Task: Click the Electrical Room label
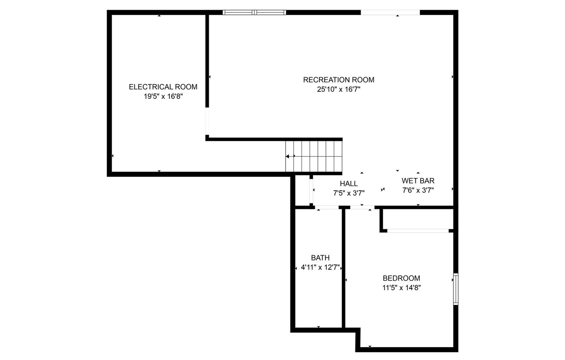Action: [163, 87]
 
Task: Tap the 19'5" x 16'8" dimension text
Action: [163, 96]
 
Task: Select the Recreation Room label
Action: [339, 80]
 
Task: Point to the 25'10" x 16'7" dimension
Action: [339, 89]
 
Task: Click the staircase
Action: [314, 156]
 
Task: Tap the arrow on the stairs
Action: [290, 156]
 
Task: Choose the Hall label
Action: [349, 184]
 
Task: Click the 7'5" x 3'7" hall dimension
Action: [349, 192]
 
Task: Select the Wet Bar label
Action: [418, 181]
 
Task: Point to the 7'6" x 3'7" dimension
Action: [418, 190]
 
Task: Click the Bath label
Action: [320, 258]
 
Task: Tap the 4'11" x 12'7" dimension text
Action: [320, 267]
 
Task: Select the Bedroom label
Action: [401, 278]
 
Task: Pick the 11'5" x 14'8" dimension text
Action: [401, 288]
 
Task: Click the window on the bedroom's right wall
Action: [456, 289]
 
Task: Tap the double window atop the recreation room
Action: [254, 12]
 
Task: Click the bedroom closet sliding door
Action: [418, 230]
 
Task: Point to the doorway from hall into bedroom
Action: [362, 207]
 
